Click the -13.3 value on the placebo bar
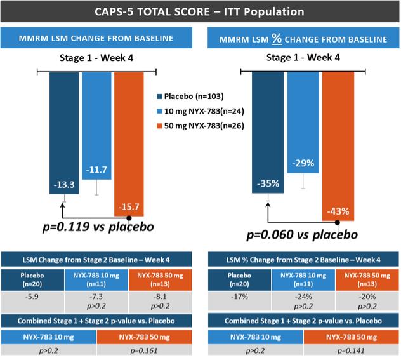pos(63,184)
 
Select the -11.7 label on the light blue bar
pos(96,170)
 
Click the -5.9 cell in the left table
pos(32,297)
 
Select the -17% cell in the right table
pos(239,297)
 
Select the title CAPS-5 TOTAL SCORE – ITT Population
pos(201,11)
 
